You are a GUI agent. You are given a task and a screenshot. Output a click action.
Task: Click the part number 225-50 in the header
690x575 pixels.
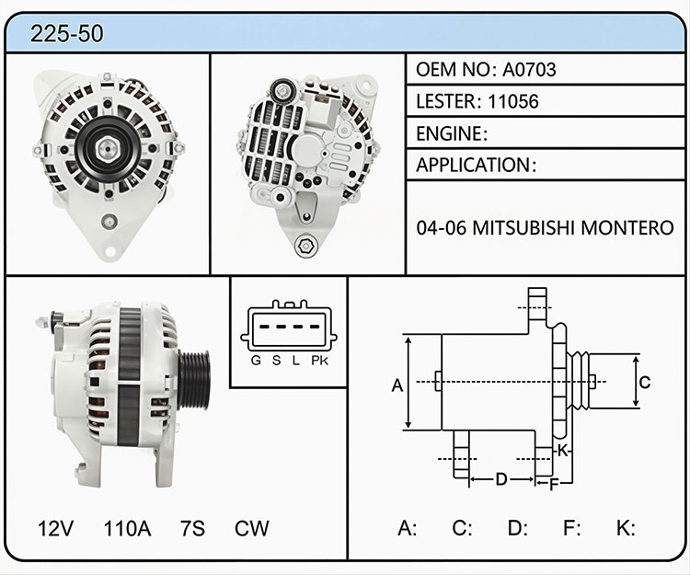[67, 33]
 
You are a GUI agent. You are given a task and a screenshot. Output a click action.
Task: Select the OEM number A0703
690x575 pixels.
[529, 70]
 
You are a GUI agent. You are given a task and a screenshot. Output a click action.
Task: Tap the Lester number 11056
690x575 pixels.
[513, 101]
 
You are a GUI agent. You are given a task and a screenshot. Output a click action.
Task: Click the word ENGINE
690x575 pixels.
[449, 133]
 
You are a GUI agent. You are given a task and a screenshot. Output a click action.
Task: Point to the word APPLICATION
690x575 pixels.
[473, 165]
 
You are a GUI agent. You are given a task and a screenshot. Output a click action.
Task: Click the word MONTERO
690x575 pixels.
[627, 228]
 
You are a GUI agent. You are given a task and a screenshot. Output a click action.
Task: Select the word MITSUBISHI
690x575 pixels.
[523, 228]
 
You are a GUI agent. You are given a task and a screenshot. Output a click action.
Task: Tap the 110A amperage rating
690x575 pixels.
[127, 528]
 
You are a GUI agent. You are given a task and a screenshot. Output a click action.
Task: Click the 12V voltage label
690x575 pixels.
[55, 528]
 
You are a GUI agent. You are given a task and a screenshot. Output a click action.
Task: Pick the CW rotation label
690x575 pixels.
[252, 528]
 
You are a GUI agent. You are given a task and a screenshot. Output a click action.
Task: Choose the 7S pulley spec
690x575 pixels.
[193, 528]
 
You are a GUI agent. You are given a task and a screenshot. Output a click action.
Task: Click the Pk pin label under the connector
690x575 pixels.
[319, 361]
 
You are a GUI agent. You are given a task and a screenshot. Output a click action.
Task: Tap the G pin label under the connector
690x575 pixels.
[256, 361]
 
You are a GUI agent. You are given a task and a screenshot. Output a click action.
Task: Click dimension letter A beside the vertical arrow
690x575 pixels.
[397, 385]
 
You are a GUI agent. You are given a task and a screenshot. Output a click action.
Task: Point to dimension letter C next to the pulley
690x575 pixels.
[645, 382]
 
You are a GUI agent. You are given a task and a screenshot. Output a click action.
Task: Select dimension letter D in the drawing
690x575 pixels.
[501, 478]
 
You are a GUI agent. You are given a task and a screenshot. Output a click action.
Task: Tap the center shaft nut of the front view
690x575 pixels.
[107, 149]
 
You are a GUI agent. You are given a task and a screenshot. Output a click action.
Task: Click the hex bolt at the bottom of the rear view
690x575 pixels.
[305, 246]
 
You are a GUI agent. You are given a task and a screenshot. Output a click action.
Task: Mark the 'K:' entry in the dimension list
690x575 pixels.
[626, 528]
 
